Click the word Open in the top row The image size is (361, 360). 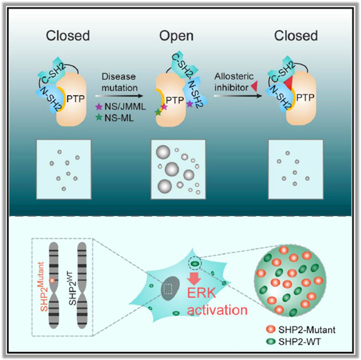click(176, 36)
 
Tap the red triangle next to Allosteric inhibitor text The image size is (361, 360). click(254, 87)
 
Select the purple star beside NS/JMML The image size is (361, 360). click(99, 107)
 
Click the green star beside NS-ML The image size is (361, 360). click(99, 117)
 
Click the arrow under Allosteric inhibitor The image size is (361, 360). click(238, 96)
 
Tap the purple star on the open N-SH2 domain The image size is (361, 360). click(190, 104)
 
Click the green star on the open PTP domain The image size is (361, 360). click(158, 112)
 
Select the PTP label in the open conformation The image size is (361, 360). click(174, 100)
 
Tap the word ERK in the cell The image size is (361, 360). click(202, 293)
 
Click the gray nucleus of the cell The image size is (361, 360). click(170, 288)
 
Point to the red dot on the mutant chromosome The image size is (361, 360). click(52, 281)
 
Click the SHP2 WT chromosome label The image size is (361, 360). click(73, 288)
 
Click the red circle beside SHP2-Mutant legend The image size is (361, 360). click(271, 329)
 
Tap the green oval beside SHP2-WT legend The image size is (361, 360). click(271, 341)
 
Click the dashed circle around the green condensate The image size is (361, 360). click(195, 262)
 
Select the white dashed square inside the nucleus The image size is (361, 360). click(168, 288)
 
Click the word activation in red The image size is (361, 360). click(217, 310)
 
